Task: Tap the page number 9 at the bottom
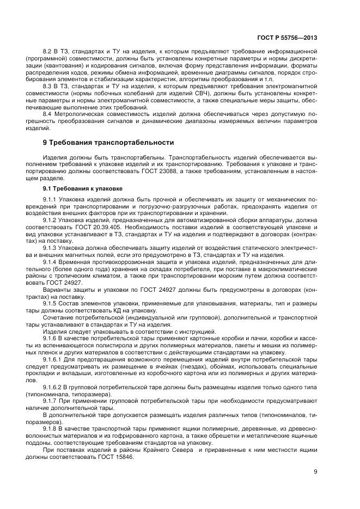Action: [315, 472]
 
